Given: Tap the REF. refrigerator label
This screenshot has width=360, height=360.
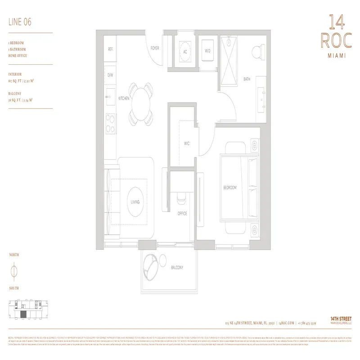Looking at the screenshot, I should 110,49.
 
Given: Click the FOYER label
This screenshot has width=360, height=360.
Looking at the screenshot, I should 155,48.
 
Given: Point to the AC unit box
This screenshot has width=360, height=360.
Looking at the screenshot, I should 184,52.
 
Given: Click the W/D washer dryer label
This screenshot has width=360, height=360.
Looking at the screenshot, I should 207,51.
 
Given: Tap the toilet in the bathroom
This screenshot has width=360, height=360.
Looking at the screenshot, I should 258,51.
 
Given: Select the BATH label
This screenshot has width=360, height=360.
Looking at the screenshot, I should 247,79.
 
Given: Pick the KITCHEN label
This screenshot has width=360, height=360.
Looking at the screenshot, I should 124,98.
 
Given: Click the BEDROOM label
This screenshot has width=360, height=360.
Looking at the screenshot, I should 229,187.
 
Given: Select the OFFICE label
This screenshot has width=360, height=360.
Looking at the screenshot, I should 182,213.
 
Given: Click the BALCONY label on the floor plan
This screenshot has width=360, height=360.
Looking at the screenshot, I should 177,267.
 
